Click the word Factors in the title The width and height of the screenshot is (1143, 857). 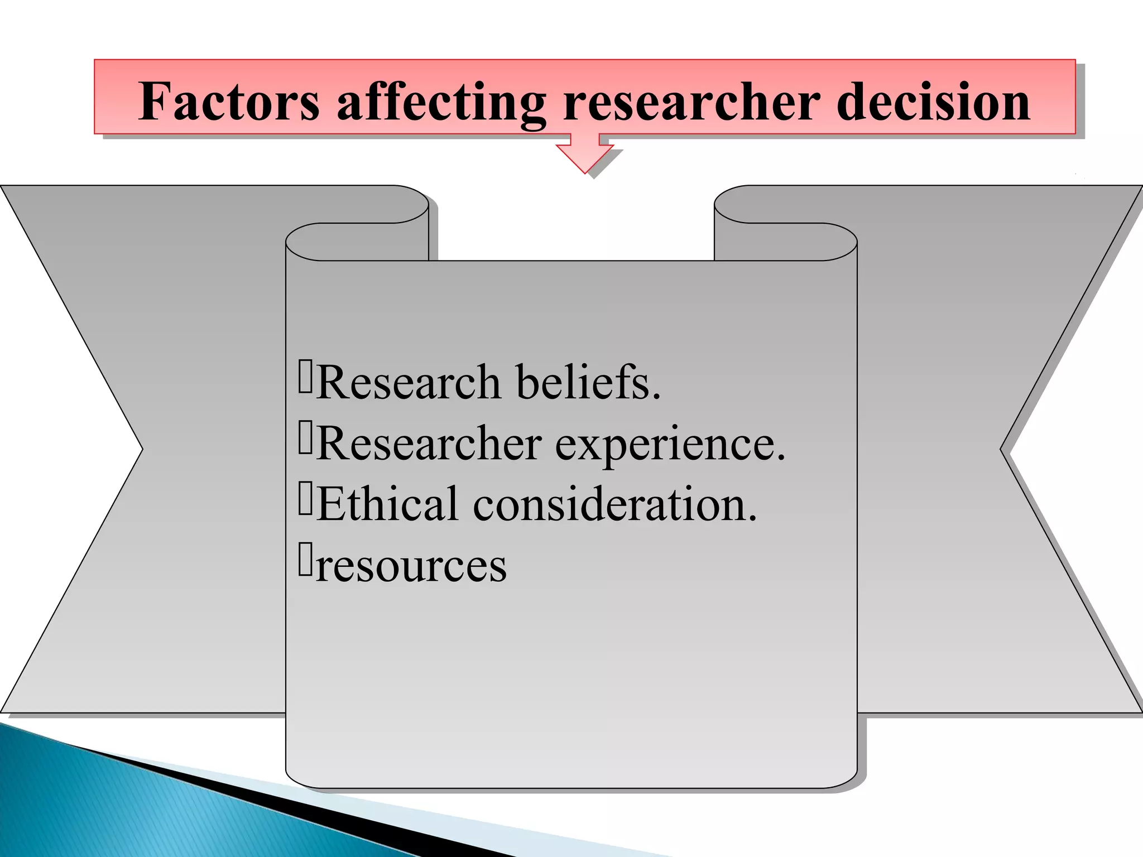pos(229,102)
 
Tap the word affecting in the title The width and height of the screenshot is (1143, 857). pos(441,102)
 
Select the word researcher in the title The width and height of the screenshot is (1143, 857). pos(692,102)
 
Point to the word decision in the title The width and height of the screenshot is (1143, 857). pos(933,102)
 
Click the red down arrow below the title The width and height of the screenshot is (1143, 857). pos(585,154)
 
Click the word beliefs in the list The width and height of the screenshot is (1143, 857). pos(588,383)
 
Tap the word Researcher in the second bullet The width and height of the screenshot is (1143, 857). pos(429,444)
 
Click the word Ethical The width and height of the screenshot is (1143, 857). pos(388,504)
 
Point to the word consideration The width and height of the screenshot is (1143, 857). pos(614,504)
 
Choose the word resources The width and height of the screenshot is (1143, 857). pos(411,566)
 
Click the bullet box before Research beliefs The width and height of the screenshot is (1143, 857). pos(305,377)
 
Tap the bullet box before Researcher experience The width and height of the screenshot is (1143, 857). pos(305,438)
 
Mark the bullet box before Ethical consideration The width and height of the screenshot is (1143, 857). pos(305,498)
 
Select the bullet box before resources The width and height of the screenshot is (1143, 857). pos(305,559)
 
